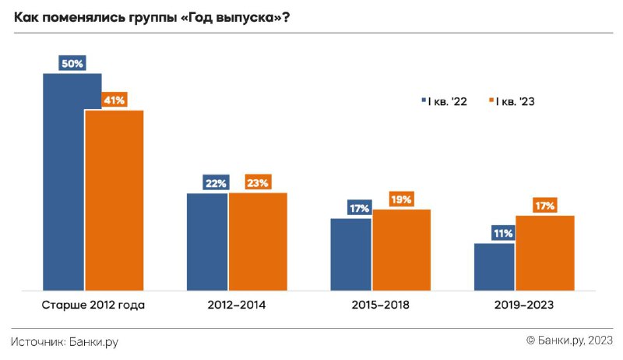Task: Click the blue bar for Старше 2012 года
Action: [x=64, y=182]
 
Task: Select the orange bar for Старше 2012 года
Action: [x=114, y=200]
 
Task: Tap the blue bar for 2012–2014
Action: [x=207, y=242]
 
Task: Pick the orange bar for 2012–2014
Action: [x=258, y=242]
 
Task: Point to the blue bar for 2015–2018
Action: [x=351, y=254]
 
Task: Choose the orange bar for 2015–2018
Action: [x=402, y=249]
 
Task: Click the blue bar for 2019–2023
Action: [x=495, y=266]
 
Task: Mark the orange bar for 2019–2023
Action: [x=545, y=252]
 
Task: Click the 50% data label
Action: [x=72, y=63]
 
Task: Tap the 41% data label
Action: [x=114, y=101]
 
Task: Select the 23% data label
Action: [x=258, y=182]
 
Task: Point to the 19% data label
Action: [x=401, y=199]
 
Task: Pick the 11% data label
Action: [x=503, y=233]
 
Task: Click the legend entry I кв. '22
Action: [x=444, y=101]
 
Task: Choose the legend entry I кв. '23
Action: [x=512, y=101]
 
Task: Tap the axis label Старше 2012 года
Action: [x=93, y=305]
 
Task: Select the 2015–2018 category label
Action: [x=380, y=305]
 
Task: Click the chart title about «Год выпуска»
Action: [x=152, y=17]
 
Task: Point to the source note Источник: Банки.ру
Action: [x=65, y=342]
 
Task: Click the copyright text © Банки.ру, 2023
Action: [x=569, y=341]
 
